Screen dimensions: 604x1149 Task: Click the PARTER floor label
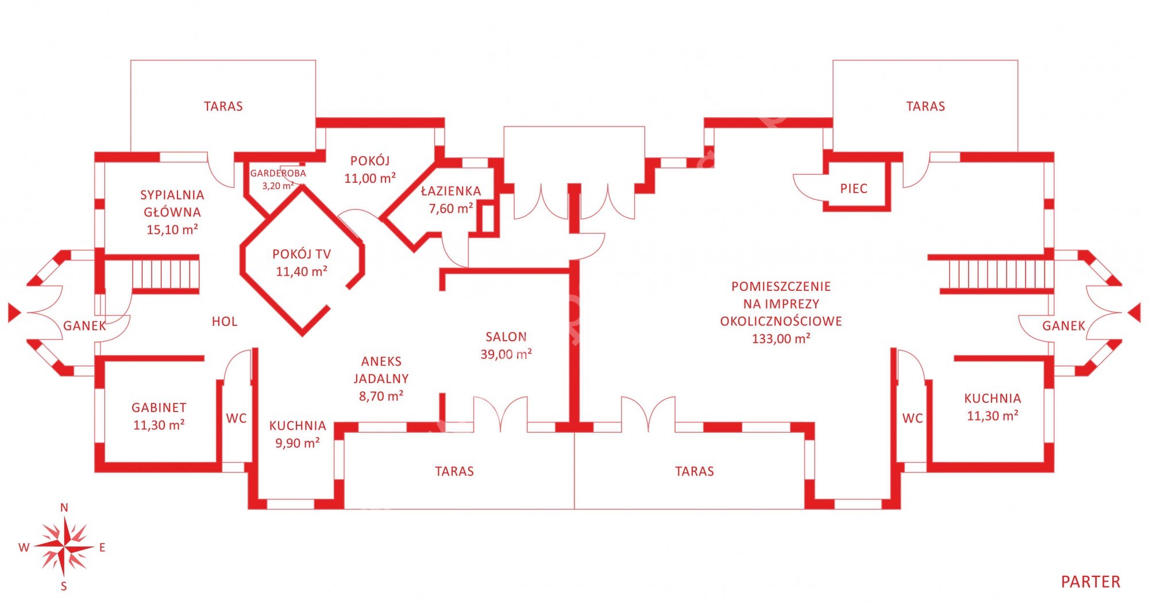(1090, 582)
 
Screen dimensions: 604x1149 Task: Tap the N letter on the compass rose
(64, 507)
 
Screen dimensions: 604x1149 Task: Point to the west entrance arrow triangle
(14, 313)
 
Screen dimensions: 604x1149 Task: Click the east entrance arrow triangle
(1134, 313)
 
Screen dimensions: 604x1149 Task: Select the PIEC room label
(853, 188)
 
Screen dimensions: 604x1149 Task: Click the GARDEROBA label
(278, 173)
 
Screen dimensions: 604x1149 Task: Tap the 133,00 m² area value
(781, 338)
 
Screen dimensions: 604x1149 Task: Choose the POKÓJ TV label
(302, 254)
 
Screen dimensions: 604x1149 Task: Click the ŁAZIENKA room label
(451, 191)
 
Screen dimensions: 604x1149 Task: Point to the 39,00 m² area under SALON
(506, 354)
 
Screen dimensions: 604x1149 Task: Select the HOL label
(225, 322)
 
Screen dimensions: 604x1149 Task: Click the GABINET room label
(159, 407)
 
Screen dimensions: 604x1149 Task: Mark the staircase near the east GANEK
(992, 274)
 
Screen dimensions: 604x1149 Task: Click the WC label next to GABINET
(236, 418)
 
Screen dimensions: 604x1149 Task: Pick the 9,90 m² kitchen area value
(297, 443)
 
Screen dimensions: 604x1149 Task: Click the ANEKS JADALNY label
(381, 370)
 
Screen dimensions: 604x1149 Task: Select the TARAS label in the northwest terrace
(223, 106)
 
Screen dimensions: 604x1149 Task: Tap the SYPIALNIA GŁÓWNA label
(172, 203)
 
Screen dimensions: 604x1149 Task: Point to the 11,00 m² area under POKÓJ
(370, 178)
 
